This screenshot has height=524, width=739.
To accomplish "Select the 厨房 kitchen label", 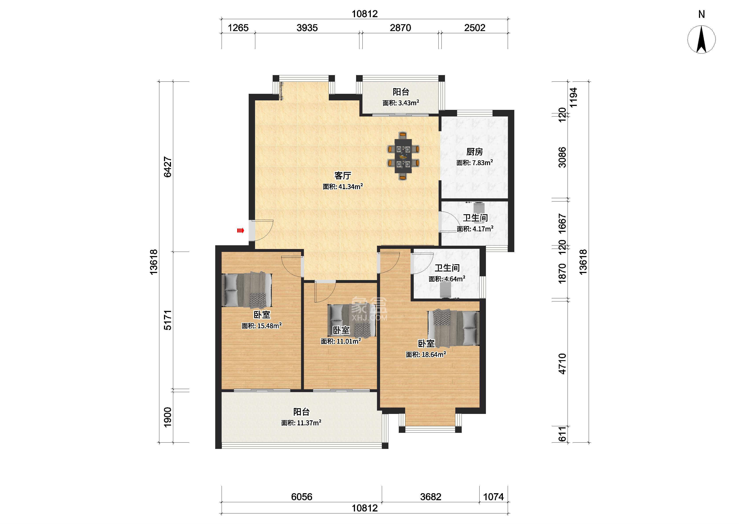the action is pyautogui.click(x=474, y=152).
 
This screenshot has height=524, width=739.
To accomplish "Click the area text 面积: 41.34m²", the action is pyautogui.click(x=343, y=186).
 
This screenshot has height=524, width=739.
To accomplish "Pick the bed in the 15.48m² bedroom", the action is pyautogui.click(x=247, y=290).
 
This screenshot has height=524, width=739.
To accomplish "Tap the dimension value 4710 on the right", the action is pyautogui.click(x=562, y=364).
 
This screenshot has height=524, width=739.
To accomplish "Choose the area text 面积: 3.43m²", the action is pyautogui.click(x=401, y=103).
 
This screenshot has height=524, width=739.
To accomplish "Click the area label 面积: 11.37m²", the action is pyautogui.click(x=301, y=423).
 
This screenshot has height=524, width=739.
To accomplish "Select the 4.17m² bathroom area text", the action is pyautogui.click(x=475, y=229).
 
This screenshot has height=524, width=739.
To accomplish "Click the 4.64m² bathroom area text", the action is pyautogui.click(x=447, y=279).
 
